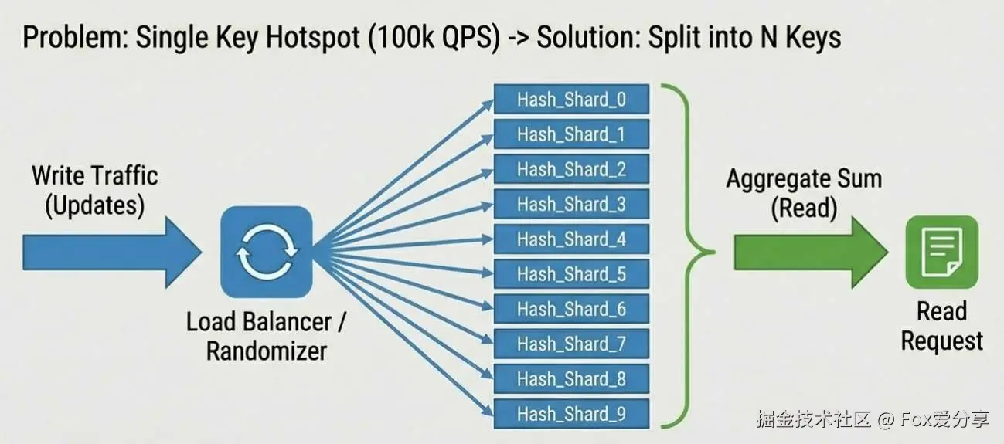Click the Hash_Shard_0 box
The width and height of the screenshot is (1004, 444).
pyautogui.click(x=571, y=100)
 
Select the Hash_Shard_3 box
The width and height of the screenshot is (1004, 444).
pyautogui.click(x=571, y=205)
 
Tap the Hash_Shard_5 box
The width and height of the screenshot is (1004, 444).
pyautogui.click(x=571, y=274)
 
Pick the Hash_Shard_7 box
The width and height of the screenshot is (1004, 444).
pyautogui.click(x=571, y=344)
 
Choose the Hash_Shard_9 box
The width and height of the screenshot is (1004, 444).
pyautogui.click(x=571, y=415)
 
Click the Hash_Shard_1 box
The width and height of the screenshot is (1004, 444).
pyautogui.click(x=571, y=134)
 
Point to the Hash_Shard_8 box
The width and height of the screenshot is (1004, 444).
pyautogui.click(x=571, y=379)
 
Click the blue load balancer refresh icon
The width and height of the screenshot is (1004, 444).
pyautogui.click(x=267, y=253)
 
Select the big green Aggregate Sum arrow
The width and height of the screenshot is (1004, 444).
pyautogui.click(x=808, y=253)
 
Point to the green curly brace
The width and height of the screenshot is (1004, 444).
pyautogui.click(x=692, y=253)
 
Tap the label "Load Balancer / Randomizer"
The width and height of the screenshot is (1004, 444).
pyautogui.click(x=267, y=337)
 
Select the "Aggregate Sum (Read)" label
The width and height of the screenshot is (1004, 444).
pyautogui.click(x=804, y=194)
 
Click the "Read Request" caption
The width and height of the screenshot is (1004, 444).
pyautogui.click(x=941, y=326)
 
